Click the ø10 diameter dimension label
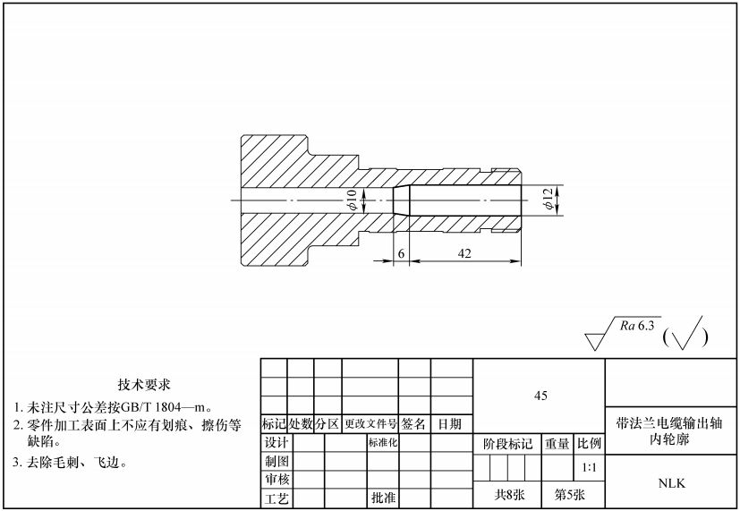point(352,200)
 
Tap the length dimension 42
point(464,254)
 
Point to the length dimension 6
point(402,254)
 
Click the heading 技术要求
point(143,385)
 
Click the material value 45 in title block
point(540,396)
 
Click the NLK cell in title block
point(671,483)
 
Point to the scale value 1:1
point(590,467)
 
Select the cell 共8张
point(506,494)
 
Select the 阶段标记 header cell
point(506,443)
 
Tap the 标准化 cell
point(382,442)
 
